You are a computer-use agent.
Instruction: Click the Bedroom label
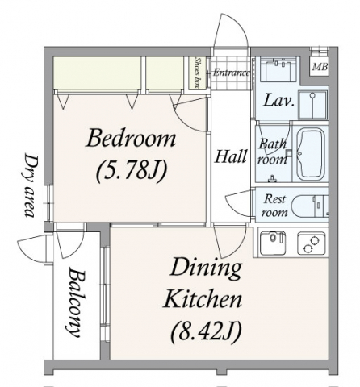point(131,138)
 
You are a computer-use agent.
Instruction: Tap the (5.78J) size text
point(132,171)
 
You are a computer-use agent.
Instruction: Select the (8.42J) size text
point(205,331)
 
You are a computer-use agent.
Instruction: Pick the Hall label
point(230,156)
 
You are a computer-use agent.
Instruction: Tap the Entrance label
point(232,73)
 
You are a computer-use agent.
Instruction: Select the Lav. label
point(278,101)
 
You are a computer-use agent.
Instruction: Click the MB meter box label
point(320,66)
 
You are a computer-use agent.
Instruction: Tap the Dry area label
point(30,185)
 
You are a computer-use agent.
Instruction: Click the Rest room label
point(274,206)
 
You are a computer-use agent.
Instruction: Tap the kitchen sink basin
point(273,243)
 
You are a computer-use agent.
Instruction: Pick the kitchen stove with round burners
point(312,243)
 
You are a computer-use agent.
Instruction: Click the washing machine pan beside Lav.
point(312,105)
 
